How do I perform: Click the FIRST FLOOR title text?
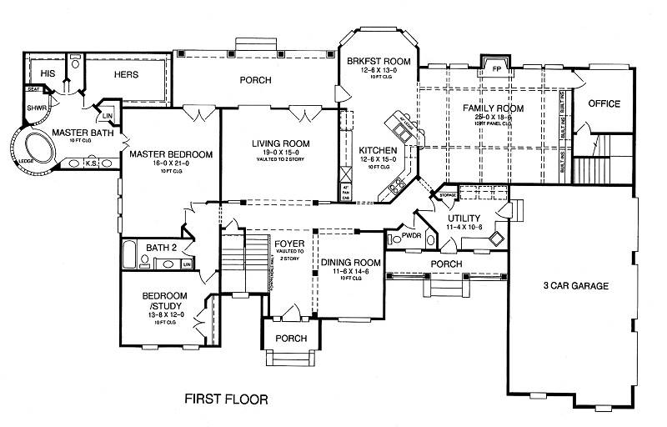pyautogui.click(x=226, y=399)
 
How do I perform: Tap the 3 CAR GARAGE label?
pyautogui.click(x=576, y=286)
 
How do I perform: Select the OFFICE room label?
pyautogui.click(x=604, y=104)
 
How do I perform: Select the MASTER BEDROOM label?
pyautogui.click(x=172, y=154)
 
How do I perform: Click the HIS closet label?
pyautogui.click(x=36, y=73)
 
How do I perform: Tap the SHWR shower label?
pyautogui.click(x=35, y=108)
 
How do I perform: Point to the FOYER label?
pyautogui.click(x=288, y=243)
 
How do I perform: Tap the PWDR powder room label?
pyautogui.click(x=411, y=236)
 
